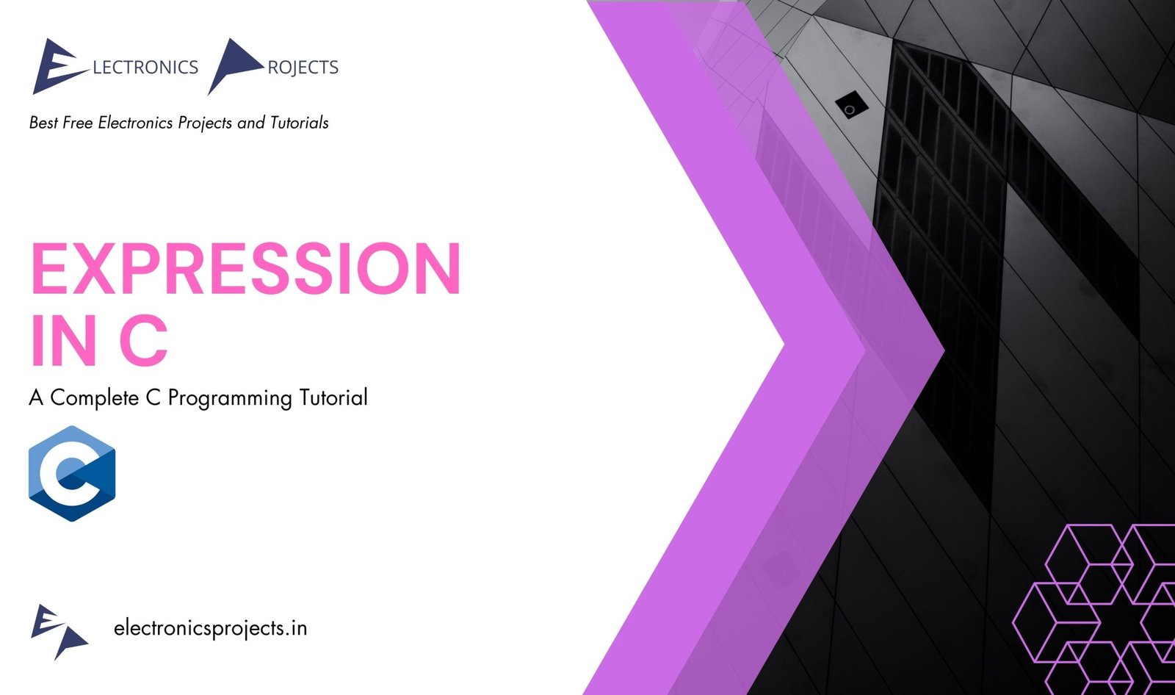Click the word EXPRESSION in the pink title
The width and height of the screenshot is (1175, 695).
pos(245,268)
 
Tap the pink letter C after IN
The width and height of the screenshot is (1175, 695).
pos(143,340)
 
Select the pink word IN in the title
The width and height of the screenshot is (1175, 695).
pos(63,340)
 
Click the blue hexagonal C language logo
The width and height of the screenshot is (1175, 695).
pos(72,473)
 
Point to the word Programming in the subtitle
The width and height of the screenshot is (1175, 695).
pos(230,398)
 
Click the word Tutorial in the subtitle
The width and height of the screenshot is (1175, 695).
pos(333,397)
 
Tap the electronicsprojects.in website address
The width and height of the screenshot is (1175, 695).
pos(210,628)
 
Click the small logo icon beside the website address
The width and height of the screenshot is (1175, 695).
pos(59,632)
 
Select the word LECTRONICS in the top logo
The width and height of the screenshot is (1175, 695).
pos(145,67)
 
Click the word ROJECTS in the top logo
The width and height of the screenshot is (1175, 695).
pos(303,68)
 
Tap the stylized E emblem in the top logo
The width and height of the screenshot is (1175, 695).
pos(59,66)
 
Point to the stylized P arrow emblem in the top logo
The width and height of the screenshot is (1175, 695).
pos(235,65)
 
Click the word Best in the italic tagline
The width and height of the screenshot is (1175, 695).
pos(43,122)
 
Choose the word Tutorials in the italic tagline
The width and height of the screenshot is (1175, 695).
pos(299,122)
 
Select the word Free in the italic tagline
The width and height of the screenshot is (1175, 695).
pos(78,122)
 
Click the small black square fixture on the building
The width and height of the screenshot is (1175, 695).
pos(851,105)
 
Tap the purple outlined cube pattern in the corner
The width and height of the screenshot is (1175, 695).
pos(1093,609)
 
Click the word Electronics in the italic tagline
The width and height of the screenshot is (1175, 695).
pos(135,122)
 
